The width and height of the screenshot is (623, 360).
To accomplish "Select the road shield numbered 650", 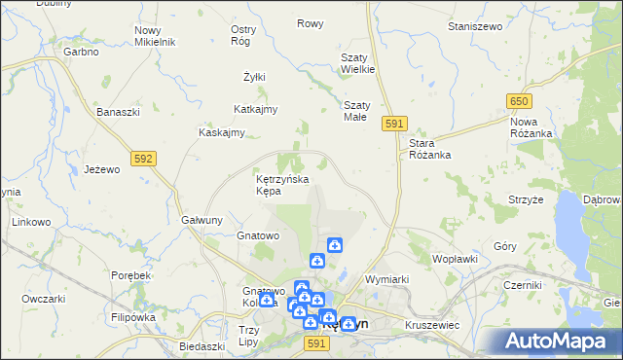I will tap(519, 101).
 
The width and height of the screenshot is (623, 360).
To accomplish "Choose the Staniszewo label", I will tap(474, 26).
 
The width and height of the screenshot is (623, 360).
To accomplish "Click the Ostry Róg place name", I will tap(243, 35).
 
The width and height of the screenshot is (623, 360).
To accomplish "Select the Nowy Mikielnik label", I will tap(154, 37).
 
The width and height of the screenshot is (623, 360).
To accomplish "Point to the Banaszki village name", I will tap(119, 112).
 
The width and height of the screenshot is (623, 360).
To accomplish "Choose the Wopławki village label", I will tap(455, 259).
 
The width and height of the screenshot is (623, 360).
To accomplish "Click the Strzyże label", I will tap(526, 198).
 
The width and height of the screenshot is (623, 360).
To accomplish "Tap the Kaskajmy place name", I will tap(221, 132).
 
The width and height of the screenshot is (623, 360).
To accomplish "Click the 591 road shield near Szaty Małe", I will tap(393, 124).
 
